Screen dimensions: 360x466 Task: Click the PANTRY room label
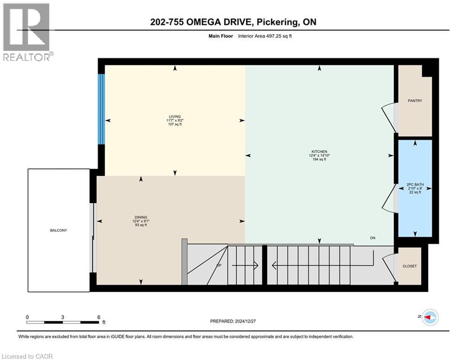point(414,101)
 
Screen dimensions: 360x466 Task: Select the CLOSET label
point(409,266)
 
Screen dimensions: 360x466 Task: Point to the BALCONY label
point(59,230)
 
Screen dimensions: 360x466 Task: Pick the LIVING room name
point(175,116)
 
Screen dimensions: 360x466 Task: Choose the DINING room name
point(141,217)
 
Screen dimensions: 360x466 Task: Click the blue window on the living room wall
point(101,109)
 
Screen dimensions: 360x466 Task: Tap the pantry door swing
point(389,117)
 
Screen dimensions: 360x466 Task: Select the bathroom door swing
point(389,199)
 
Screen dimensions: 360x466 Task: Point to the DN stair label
point(373,238)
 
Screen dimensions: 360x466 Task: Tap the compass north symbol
point(429,317)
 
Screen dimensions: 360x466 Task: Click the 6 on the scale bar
point(98,317)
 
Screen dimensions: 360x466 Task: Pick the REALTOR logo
point(27,31)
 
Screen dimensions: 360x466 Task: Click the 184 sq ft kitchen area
point(319,159)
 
